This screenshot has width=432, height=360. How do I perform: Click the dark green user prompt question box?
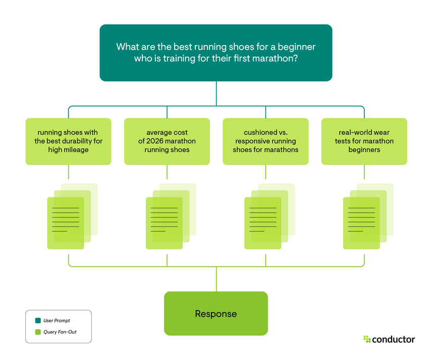pyautogui.click(x=215, y=53)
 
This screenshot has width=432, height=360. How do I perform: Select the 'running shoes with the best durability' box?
pyautogui.click(x=68, y=141)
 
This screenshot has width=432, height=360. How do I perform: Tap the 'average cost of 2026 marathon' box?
pyautogui.click(x=167, y=141)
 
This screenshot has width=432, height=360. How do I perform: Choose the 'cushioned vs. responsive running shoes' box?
pyautogui.click(x=265, y=141)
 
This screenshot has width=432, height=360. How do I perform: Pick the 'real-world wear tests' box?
pyautogui.click(x=364, y=141)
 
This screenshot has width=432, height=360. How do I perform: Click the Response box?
pyautogui.click(x=215, y=314)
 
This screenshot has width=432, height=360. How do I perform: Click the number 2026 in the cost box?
pyautogui.click(x=158, y=141)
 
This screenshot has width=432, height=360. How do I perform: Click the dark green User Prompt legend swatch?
pyautogui.click(x=37, y=321)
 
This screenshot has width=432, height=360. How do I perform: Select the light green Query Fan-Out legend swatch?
pyautogui.click(x=37, y=332)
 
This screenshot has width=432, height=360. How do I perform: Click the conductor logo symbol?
pyautogui.click(x=367, y=339)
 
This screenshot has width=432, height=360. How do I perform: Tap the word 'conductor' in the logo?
pyautogui.click(x=394, y=339)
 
